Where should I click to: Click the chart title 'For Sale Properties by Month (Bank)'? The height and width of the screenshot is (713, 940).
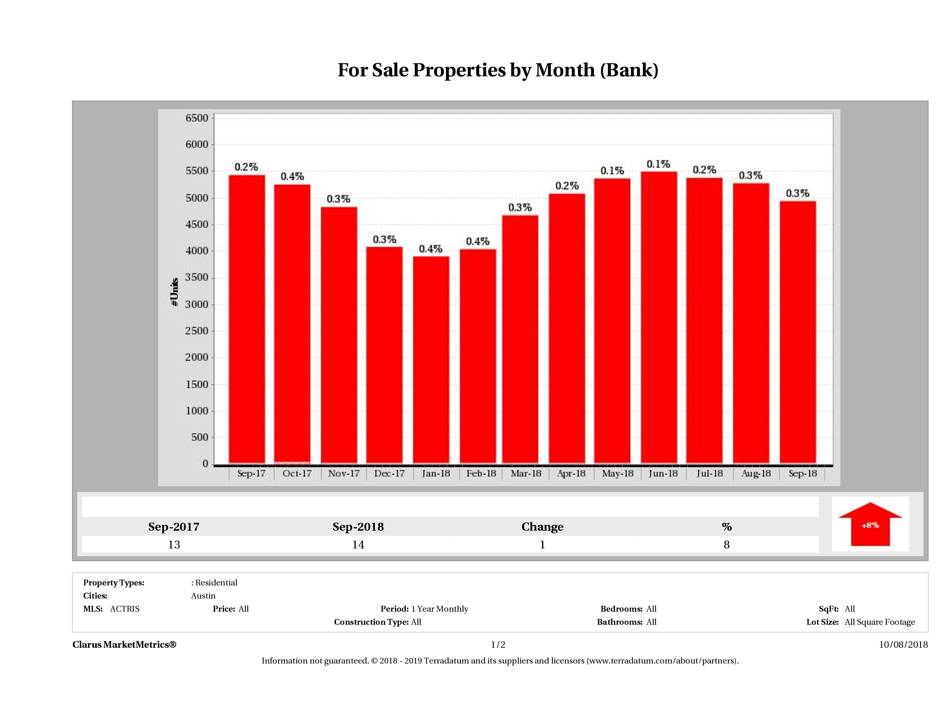pyautogui.click(x=498, y=70)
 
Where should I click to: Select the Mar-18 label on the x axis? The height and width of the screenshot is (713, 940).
pyautogui.click(x=526, y=473)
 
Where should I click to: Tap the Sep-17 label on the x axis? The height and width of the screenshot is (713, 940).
pyautogui.click(x=251, y=473)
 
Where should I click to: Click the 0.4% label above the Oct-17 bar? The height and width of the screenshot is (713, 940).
pyautogui.click(x=292, y=176)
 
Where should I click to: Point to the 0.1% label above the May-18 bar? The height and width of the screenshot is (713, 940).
pyautogui.click(x=612, y=171)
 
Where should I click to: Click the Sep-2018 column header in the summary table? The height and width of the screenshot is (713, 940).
pyautogui.click(x=358, y=527)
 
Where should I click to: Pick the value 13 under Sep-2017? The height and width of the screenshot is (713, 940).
pyautogui.click(x=174, y=545)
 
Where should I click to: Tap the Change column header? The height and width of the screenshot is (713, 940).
pyautogui.click(x=542, y=527)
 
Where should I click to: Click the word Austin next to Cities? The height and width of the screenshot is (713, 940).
pyautogui.click(x=203, y=596)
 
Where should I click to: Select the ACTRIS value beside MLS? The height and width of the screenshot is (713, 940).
pyautogui.click(x=124, y=609)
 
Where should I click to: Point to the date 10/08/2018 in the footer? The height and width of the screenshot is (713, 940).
pyautogui.click(x=903, y=645)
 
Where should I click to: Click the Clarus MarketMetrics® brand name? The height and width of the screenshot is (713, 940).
pyautogui.click(x=124, y=645)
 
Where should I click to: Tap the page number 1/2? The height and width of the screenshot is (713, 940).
pyautogui.click(x=498, y=645)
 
